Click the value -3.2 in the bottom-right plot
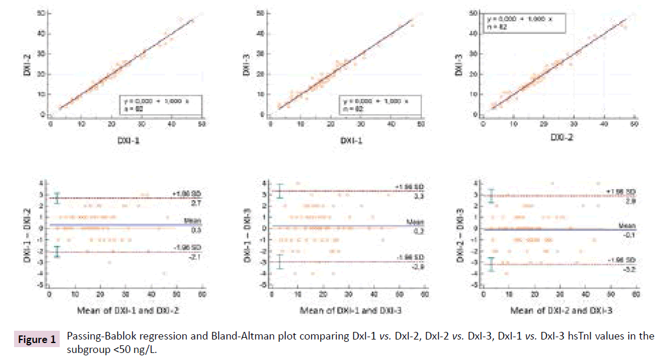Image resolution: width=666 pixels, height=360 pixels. (x=624, y=268)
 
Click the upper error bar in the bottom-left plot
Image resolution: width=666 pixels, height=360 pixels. (x=57, y=198)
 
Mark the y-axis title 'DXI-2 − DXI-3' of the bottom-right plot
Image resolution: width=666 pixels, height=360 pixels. (x=466, y=234)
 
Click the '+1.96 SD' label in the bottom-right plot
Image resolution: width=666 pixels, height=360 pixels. (x=620, y=192)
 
